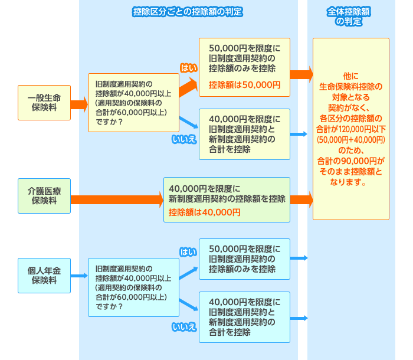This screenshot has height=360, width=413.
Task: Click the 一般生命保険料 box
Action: pyautogui.click(x=44, y=103)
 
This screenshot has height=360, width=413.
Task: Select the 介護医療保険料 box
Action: pyautogui.click(x=44, y=196)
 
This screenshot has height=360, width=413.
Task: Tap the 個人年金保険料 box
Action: pyautogui.click(x=44, y=276)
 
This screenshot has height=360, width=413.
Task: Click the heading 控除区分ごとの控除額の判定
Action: pyautogui.click(x=188, y=12)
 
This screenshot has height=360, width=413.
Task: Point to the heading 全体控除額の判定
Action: pyautogui.click(x=349, y=17)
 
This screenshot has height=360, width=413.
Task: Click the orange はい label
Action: pyautogui.click(x=189, y=68)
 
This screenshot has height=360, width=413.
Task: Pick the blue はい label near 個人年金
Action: pyautogui.click(x=188, y=252)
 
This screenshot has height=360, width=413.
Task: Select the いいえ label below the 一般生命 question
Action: pyautogui.click(x=184, y=139)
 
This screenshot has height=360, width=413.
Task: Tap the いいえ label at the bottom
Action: pyautogui.click(x=184, y=327)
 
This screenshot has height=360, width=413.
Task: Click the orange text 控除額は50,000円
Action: pyautogui.click(x=244, y=85)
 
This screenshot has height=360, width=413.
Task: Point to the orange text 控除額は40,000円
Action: pyautogui.click(x=204, y=212)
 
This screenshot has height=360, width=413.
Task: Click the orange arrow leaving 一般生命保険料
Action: pyautogui.click(x=79, y=104)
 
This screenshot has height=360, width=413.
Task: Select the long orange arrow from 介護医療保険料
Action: pyautogui.click(x=117, y=199)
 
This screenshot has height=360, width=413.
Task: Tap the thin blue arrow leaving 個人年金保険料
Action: pyautogui.click(x=79, y=276)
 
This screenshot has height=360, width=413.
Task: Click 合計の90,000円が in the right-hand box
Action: pyautogui.click(x=350, y=161)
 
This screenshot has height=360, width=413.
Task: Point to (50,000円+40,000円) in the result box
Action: pyautogui.click(x=351, y=140)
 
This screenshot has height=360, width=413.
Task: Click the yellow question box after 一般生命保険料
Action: pyautogui.click(x=133, y=103)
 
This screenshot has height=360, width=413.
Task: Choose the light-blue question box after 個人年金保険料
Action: pyautogui.click(x=133, y=287)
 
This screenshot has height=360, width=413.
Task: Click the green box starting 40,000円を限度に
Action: pyautogui.click(x=227, y=199)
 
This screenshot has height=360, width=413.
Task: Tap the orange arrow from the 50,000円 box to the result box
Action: pyautogui.click(x=301, y=74)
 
